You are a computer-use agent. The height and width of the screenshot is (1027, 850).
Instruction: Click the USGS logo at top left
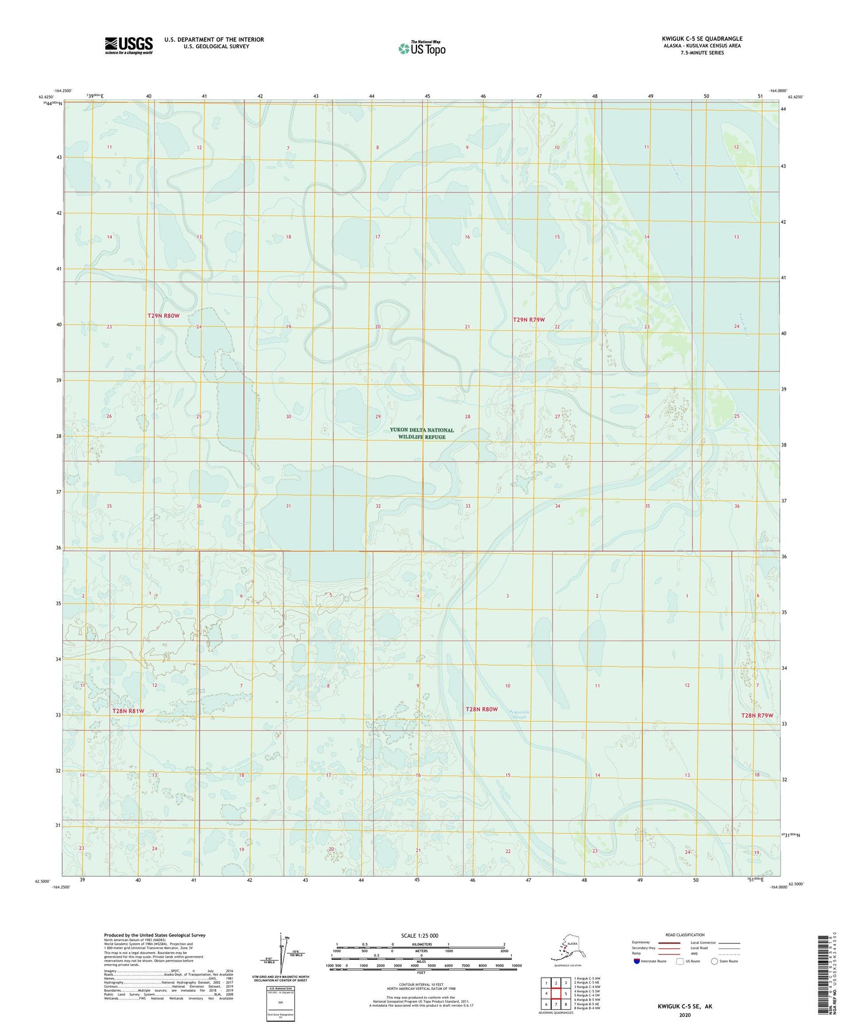coord(128,45)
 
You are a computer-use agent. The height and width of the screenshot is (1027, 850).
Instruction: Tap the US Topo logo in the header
coord(421,48)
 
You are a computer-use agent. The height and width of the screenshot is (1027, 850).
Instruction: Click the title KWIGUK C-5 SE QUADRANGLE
coord(702,39)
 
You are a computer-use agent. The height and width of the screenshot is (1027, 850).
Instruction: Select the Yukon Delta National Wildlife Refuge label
coord(421,434)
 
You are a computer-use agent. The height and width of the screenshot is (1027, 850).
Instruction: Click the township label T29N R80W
coord(164,316)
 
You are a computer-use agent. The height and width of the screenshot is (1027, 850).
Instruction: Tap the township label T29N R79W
coord(529,320)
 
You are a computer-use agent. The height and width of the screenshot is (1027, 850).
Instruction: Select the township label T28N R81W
coord(128,711)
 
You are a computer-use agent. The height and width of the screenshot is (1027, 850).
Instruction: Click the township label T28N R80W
coord(481,709)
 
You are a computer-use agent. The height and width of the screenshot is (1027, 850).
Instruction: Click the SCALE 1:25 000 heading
coord(419,935)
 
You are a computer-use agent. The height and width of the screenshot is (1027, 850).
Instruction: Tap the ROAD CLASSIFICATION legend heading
coord(685,935)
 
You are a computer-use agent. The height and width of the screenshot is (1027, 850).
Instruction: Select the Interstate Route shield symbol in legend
coord(637,961)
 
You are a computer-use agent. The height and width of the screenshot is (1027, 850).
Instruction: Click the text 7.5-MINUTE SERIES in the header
coord(702,53)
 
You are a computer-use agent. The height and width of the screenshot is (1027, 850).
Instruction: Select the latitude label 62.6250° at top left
coord(46,97)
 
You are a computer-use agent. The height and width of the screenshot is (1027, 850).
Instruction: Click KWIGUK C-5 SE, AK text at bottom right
coord(685,1006)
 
